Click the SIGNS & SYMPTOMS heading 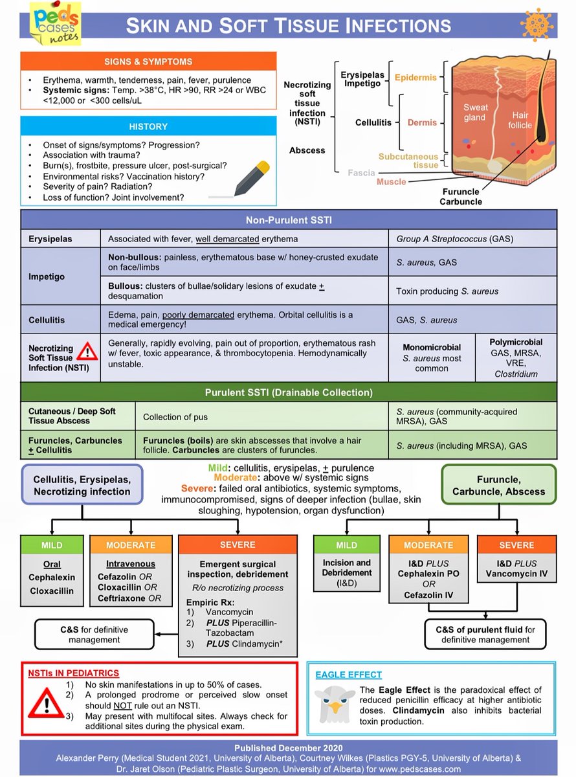click(x=148, y=62)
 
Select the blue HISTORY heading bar click(x=148, y=126)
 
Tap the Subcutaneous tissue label click(x=417, y=161)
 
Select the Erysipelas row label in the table click(x=50, y=239)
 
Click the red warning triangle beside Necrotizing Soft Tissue click(x=87, y=351)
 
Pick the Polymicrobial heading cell click(x=516, y=342)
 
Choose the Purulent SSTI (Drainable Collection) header click(x=288, y=392)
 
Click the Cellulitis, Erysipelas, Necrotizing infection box click(x=82, y=484)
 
